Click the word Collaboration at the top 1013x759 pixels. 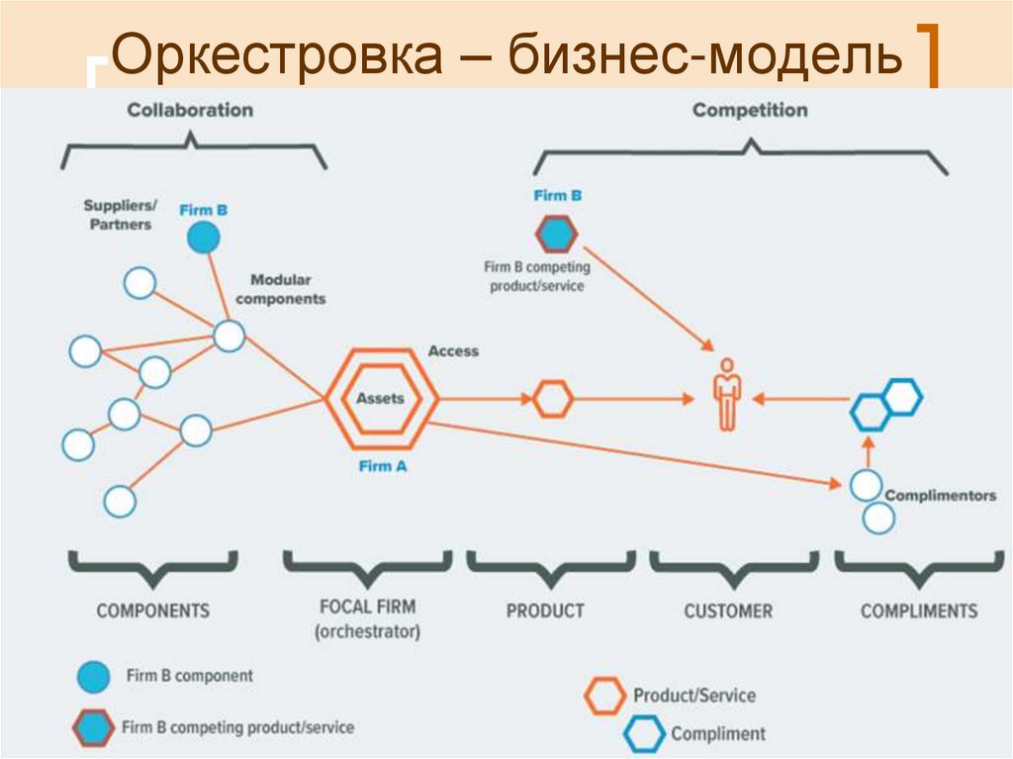[190, 110]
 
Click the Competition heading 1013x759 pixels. [750, 110]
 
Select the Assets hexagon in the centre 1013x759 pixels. [380, 399]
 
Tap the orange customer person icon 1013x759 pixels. [727, 394]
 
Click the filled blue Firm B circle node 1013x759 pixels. [203, 237]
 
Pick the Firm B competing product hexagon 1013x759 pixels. [556, 235]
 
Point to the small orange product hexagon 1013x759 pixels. [553, 399]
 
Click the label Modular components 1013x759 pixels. [281, 289]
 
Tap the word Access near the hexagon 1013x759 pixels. [453, 351]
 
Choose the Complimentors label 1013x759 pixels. [940, 495]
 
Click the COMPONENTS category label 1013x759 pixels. [152, 610]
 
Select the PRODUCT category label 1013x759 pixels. [545, 611]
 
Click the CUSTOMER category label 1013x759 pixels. [728, 611]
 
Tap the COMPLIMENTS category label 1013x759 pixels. [919, 611]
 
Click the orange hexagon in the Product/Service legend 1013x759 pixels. [604, 696]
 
